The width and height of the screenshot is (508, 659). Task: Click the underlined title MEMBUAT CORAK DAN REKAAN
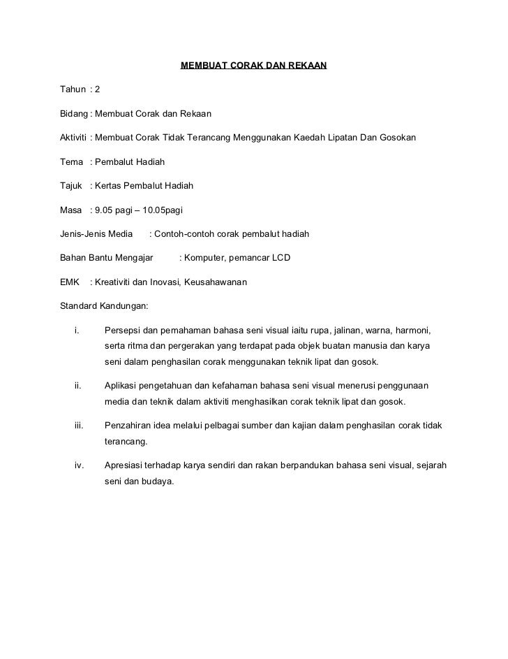[253, 66]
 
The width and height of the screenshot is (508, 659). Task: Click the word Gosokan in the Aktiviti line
[397, 138]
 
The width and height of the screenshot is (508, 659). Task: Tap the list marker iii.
[79, 426]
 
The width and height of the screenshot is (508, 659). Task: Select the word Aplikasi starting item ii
[122, 386]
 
